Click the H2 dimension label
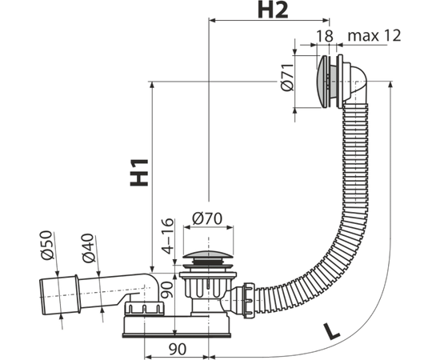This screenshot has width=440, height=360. [x=273, y=11]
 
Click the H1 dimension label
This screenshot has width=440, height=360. [x=139, y=173]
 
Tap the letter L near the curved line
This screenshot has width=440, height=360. [x=331, y=332]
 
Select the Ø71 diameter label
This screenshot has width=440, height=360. [x=286, y=77]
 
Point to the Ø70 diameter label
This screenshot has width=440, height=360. [x=207, y=218]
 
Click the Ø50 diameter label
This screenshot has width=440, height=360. [x=47, y=245]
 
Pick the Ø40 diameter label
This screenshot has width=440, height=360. [x=88, y=248]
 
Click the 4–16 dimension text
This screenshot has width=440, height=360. [x=168, y=236]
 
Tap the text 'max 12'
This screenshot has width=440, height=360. [x=374, y=36]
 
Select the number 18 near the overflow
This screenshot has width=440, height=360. [x=325, y=36]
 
